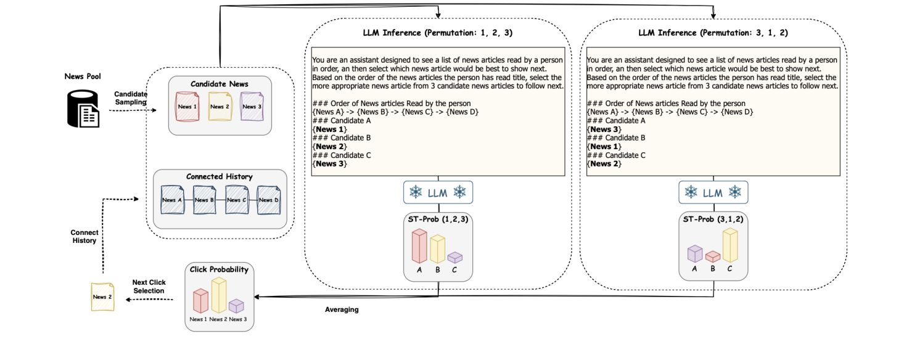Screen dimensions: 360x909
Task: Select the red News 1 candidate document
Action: pyautogui.click(x=187, y=106)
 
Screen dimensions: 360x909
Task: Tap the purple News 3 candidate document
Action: pyautogui.click(x=251, y=106)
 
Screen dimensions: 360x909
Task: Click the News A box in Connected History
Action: pyautogui.click(x=171, y=200)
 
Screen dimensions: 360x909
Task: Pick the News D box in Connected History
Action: pyautogui.click(x=268, y=200)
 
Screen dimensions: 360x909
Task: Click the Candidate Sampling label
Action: pyautogui.click(x=130, y=97)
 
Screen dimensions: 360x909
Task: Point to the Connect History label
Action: pyautogui.click(x=84, y=237)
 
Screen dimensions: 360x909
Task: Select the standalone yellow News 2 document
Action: pyautogui.click(x=102, y=297)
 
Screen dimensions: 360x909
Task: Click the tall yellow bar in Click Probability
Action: pyautogui.click(x=218, y=295)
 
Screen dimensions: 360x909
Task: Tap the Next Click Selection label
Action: pyautogui.click(x=149, y=287)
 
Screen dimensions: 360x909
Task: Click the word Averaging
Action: pyautogui.click(x=342, y=309)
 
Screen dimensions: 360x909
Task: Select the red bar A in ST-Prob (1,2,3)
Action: pyautogui.click(x=419, y=247)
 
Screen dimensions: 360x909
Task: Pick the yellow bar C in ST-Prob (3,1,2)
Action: pyautogui.click(x=730, y=245)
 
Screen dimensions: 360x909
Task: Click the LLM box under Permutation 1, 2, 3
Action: pyautogui.click(x=437, y=193)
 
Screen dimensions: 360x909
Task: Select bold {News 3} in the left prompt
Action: pyautogui.click(x=330, y=164)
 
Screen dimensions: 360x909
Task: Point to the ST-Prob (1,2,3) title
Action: pyautogui.click(x=437, y=219)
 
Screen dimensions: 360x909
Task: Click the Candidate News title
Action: pyautogui.click(x=219, y=83)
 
